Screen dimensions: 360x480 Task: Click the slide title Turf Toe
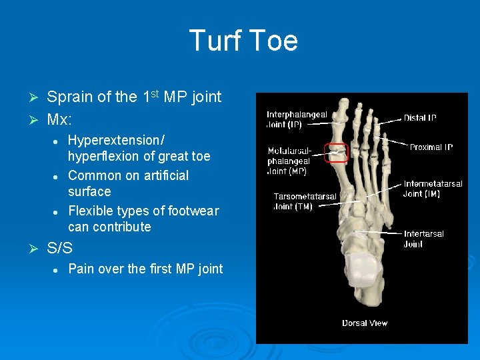coord(243,41)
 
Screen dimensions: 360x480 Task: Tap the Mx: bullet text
coord(59,120)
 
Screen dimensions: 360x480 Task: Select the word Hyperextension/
coord(117,141)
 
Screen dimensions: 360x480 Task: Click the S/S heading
coord(60,248)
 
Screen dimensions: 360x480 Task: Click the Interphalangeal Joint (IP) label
coord(297,119)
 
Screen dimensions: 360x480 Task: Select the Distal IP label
coord(420,118)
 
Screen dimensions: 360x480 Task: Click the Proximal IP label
coord(431,147)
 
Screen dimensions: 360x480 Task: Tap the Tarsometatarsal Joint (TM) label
coord(305,201)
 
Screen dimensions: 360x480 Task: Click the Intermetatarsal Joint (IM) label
coord(433,189)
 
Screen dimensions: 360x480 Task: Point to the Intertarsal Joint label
coord(423,239)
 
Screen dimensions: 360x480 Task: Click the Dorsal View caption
coord(365,323)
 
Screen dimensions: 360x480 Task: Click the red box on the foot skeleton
coord(335,153)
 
